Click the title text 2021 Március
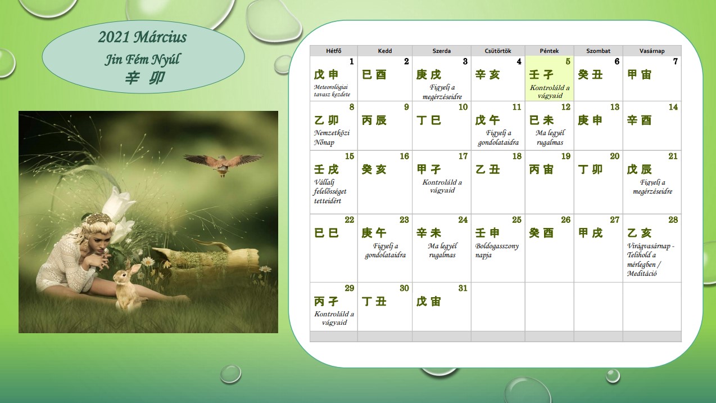142,37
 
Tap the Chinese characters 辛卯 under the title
145,78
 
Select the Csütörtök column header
498,51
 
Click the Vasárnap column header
652,51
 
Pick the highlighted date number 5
568,61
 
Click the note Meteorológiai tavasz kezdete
332,91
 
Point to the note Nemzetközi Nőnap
332,137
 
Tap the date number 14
673,107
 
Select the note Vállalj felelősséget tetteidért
330,191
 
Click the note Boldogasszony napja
497,250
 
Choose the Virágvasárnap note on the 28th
650,259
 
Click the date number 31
463,288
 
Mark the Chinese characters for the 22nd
327,232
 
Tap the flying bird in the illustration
224,164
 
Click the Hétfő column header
333,51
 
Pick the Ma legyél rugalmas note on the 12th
550,137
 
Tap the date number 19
566,156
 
